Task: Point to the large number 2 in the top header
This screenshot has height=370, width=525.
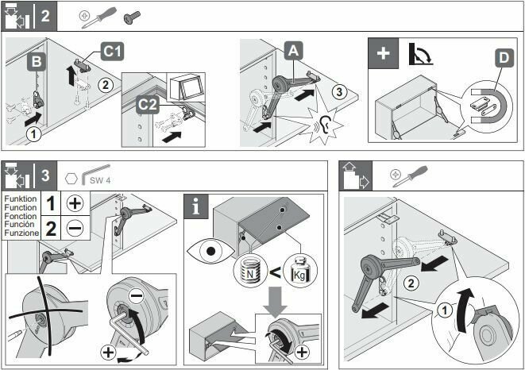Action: (45, 17)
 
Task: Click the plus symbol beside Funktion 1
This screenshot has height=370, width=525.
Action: (75, 202)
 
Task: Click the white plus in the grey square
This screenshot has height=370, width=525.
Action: (384, 54)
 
